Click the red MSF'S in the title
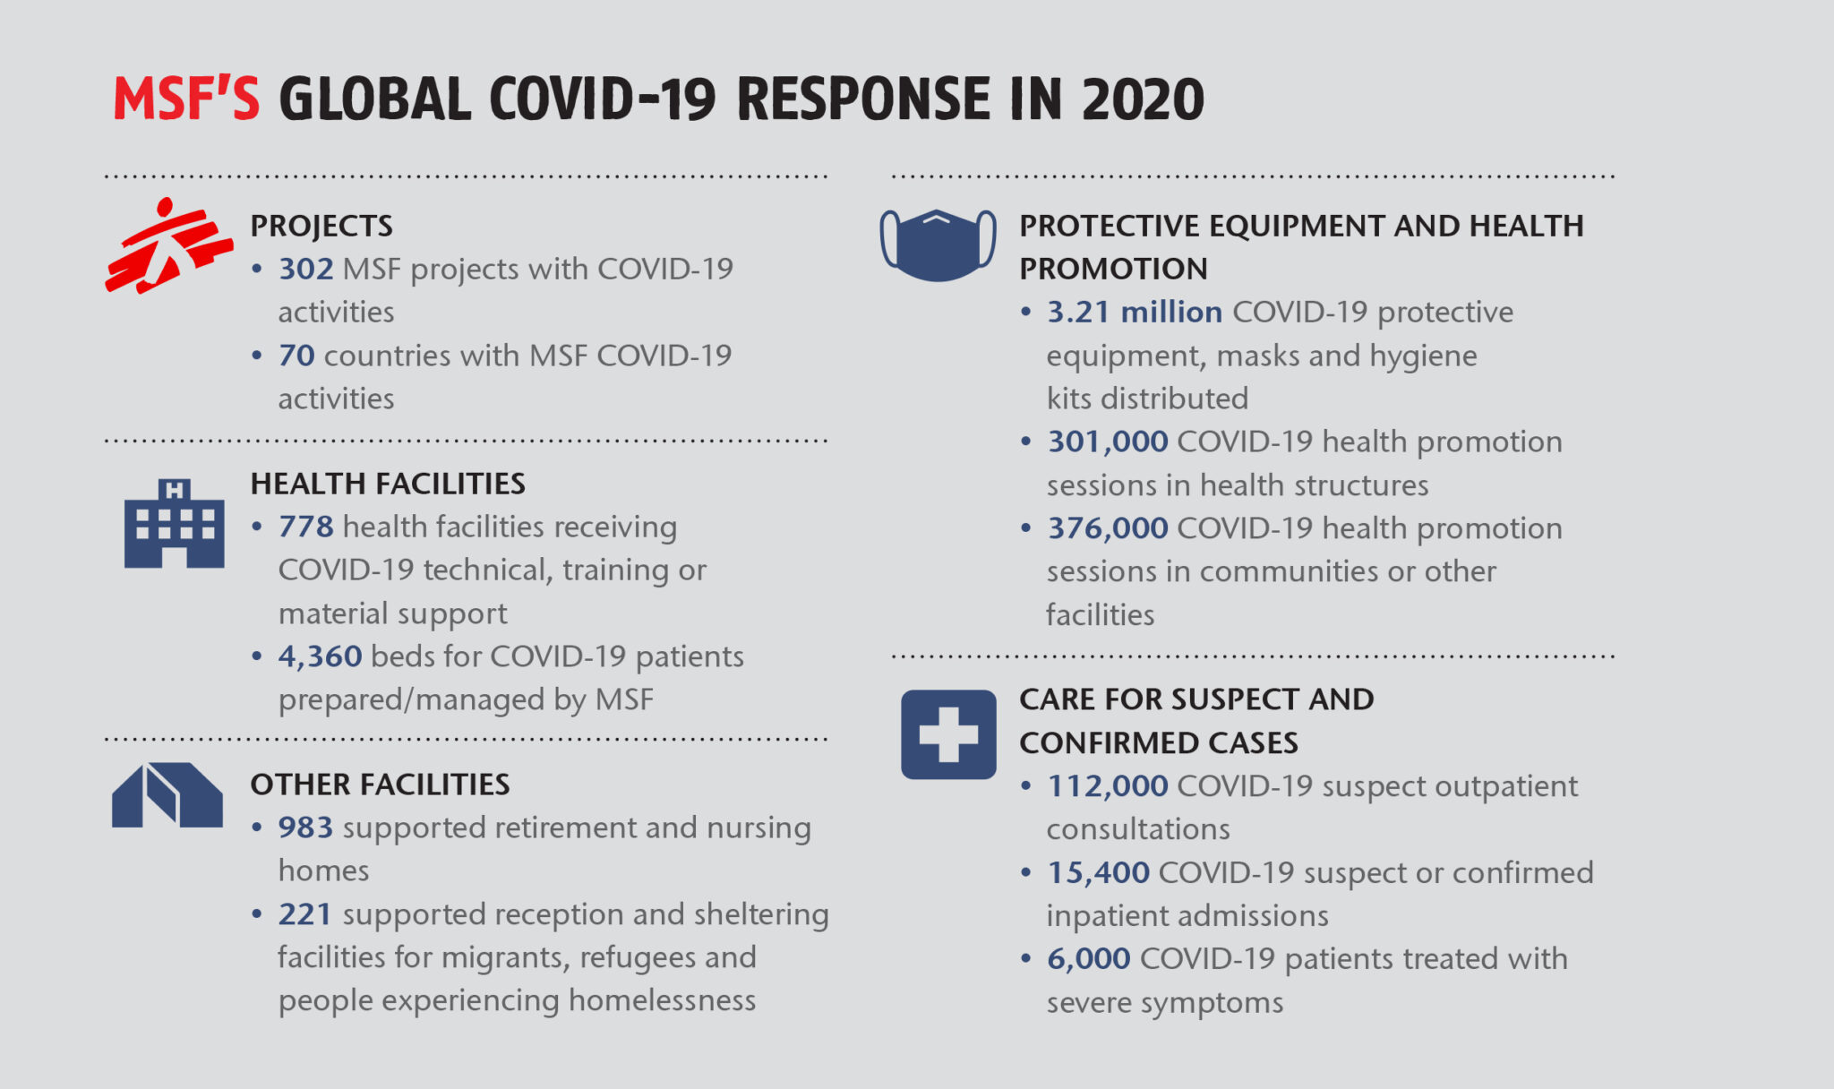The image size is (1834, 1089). pyautogui.click(x=186, y=99)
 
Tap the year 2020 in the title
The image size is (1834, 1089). pyautogui.click(x=1143, y=99)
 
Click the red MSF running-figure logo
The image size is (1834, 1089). pyautogui.click(x=167, y=246)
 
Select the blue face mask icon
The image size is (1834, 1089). pyautogui.click(x=938, y=244)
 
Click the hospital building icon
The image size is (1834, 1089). pyautogui.click(x=174, y=525)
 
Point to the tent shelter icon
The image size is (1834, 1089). pyautogui.click(x=167, y=795)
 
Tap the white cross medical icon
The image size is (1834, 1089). pyautogui.click(x=948, y=734)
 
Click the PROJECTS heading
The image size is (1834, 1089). pyautogui.click(x=321, y=226)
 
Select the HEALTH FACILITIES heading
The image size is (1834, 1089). pyautogui.click(x=388, y=484)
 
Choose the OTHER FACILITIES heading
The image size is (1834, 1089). pyautogui.click(x=380, y=785)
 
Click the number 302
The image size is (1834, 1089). pyautogui.click(x=305, y=269)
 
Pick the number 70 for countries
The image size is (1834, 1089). pyautogui.click(x=296, y=356)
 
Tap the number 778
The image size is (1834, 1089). pyautogui.click(x=305, y=527)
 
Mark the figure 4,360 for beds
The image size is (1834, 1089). pyautogui.click(x=320, y=656)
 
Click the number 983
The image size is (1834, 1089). pyautogui.click(x=305, y=827)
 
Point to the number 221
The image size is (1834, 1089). pyautogui.click(x=304, y=914)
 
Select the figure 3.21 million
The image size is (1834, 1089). pyautogui.click(x=1135, y=312)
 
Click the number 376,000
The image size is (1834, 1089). pyautogui.click(x=1108, y=528)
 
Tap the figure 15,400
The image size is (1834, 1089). pyautogui.click(x=1099, y=872)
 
